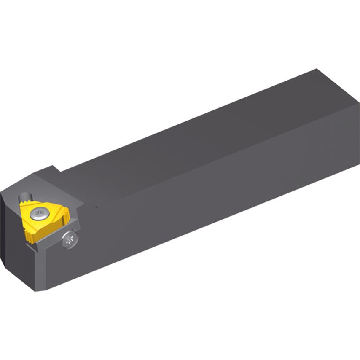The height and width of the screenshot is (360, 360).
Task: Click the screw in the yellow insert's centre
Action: click(40, 214)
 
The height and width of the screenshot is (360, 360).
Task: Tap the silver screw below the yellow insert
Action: click(70, 240)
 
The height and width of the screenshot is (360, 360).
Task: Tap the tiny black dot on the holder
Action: click(97, 207)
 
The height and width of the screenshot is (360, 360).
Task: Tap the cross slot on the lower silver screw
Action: click(70, 240)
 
